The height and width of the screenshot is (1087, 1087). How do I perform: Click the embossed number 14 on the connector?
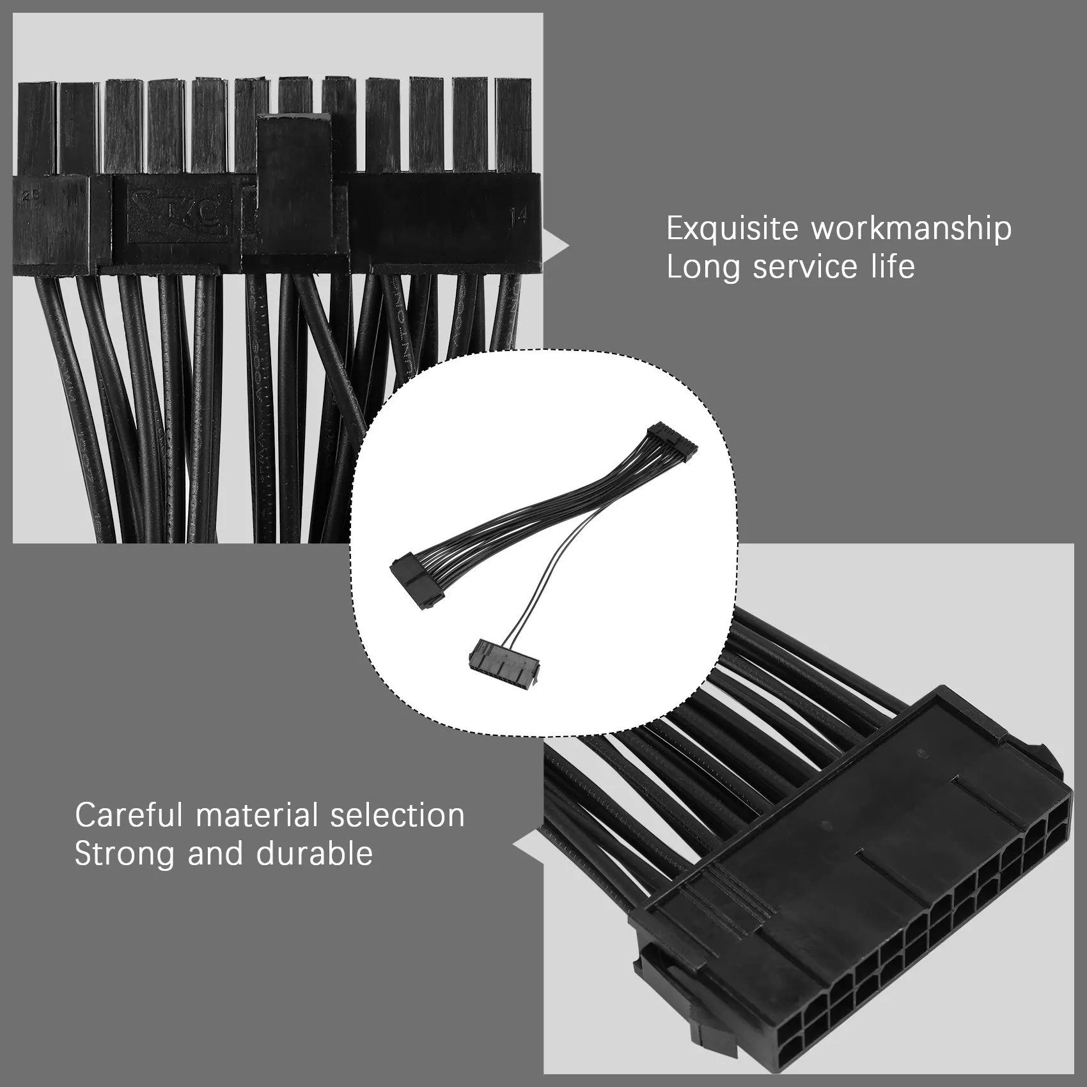click(x=518, y=216)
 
